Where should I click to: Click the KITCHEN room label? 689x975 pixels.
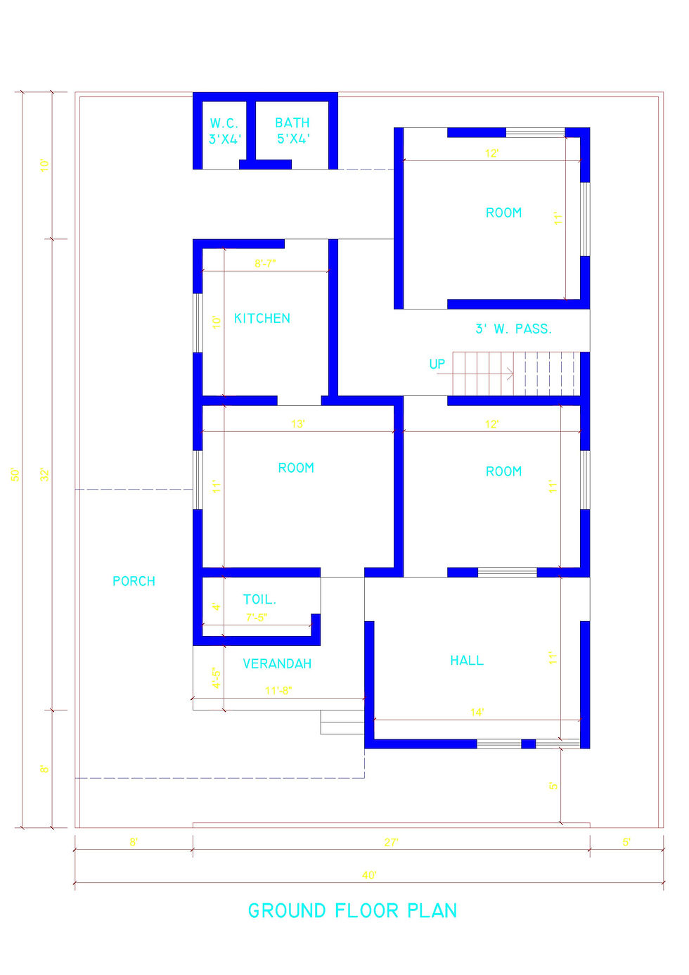(x=262, y=319)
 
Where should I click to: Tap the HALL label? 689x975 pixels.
(x=467, y=661)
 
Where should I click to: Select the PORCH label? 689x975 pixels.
(x=134, y=581)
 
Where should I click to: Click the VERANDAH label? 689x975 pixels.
(x=277, y=663)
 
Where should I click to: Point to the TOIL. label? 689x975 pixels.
(x=259, y=599)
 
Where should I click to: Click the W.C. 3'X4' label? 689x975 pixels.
(x=225, y=131)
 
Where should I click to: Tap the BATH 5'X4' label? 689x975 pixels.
(x=292, y=131)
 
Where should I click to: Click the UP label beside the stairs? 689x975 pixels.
(x=437, y=364)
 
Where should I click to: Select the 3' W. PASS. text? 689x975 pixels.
(x=513, y=329)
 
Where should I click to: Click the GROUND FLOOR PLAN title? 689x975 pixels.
(x=352, y=911)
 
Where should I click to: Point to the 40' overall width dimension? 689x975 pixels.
(x=369, y=875)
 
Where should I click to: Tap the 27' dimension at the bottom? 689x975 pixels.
(x=391, y=842)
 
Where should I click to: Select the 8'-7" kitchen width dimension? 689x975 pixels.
(x=265, y=264)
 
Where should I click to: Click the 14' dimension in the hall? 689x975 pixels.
(x=477, y=713)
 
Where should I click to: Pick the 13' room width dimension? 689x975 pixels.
(x=298, y=424)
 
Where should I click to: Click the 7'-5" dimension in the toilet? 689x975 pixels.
(x=257, y=618)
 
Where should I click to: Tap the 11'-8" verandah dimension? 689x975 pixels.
(x=278, y=691)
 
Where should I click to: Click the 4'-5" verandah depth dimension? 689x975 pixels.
(x=217, y=678)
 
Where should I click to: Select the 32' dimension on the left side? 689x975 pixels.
(x=45, y=474)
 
